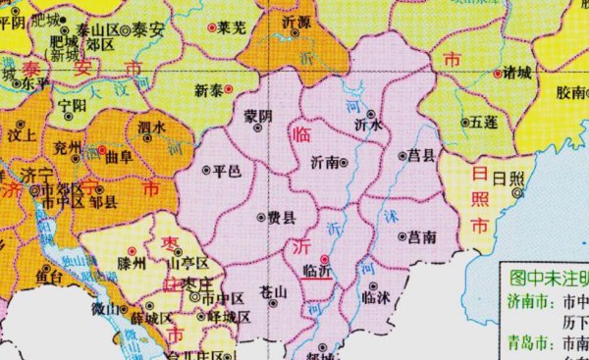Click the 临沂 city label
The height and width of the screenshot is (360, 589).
318,269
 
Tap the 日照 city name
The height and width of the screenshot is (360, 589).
508,179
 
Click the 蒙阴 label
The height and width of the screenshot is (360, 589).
258,116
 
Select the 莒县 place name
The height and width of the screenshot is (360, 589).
423,155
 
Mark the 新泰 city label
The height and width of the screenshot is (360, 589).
210,90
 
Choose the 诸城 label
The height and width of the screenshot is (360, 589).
516,73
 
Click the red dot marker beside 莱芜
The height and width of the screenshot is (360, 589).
211,27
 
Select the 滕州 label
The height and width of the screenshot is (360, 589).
132,263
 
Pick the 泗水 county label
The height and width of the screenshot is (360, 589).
152,127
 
